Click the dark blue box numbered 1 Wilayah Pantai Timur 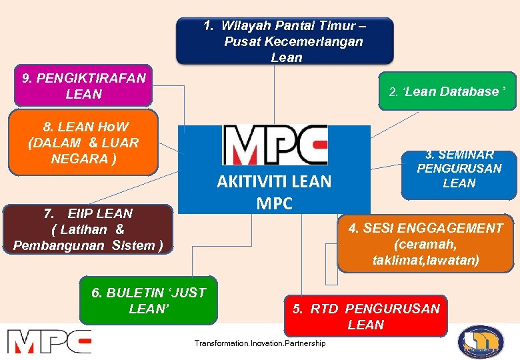[285, 41]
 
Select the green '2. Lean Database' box [448, 91]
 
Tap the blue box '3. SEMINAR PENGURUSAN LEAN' [459, 175]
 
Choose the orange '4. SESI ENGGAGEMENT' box [426, 244]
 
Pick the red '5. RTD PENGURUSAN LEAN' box [365, 316]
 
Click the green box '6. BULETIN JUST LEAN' [148, 300]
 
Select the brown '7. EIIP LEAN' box [88, 229]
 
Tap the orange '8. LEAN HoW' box [83, 142]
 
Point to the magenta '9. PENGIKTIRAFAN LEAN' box [83, 86]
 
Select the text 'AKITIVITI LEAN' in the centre [274, 182]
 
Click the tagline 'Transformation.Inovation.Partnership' [260, 343]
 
